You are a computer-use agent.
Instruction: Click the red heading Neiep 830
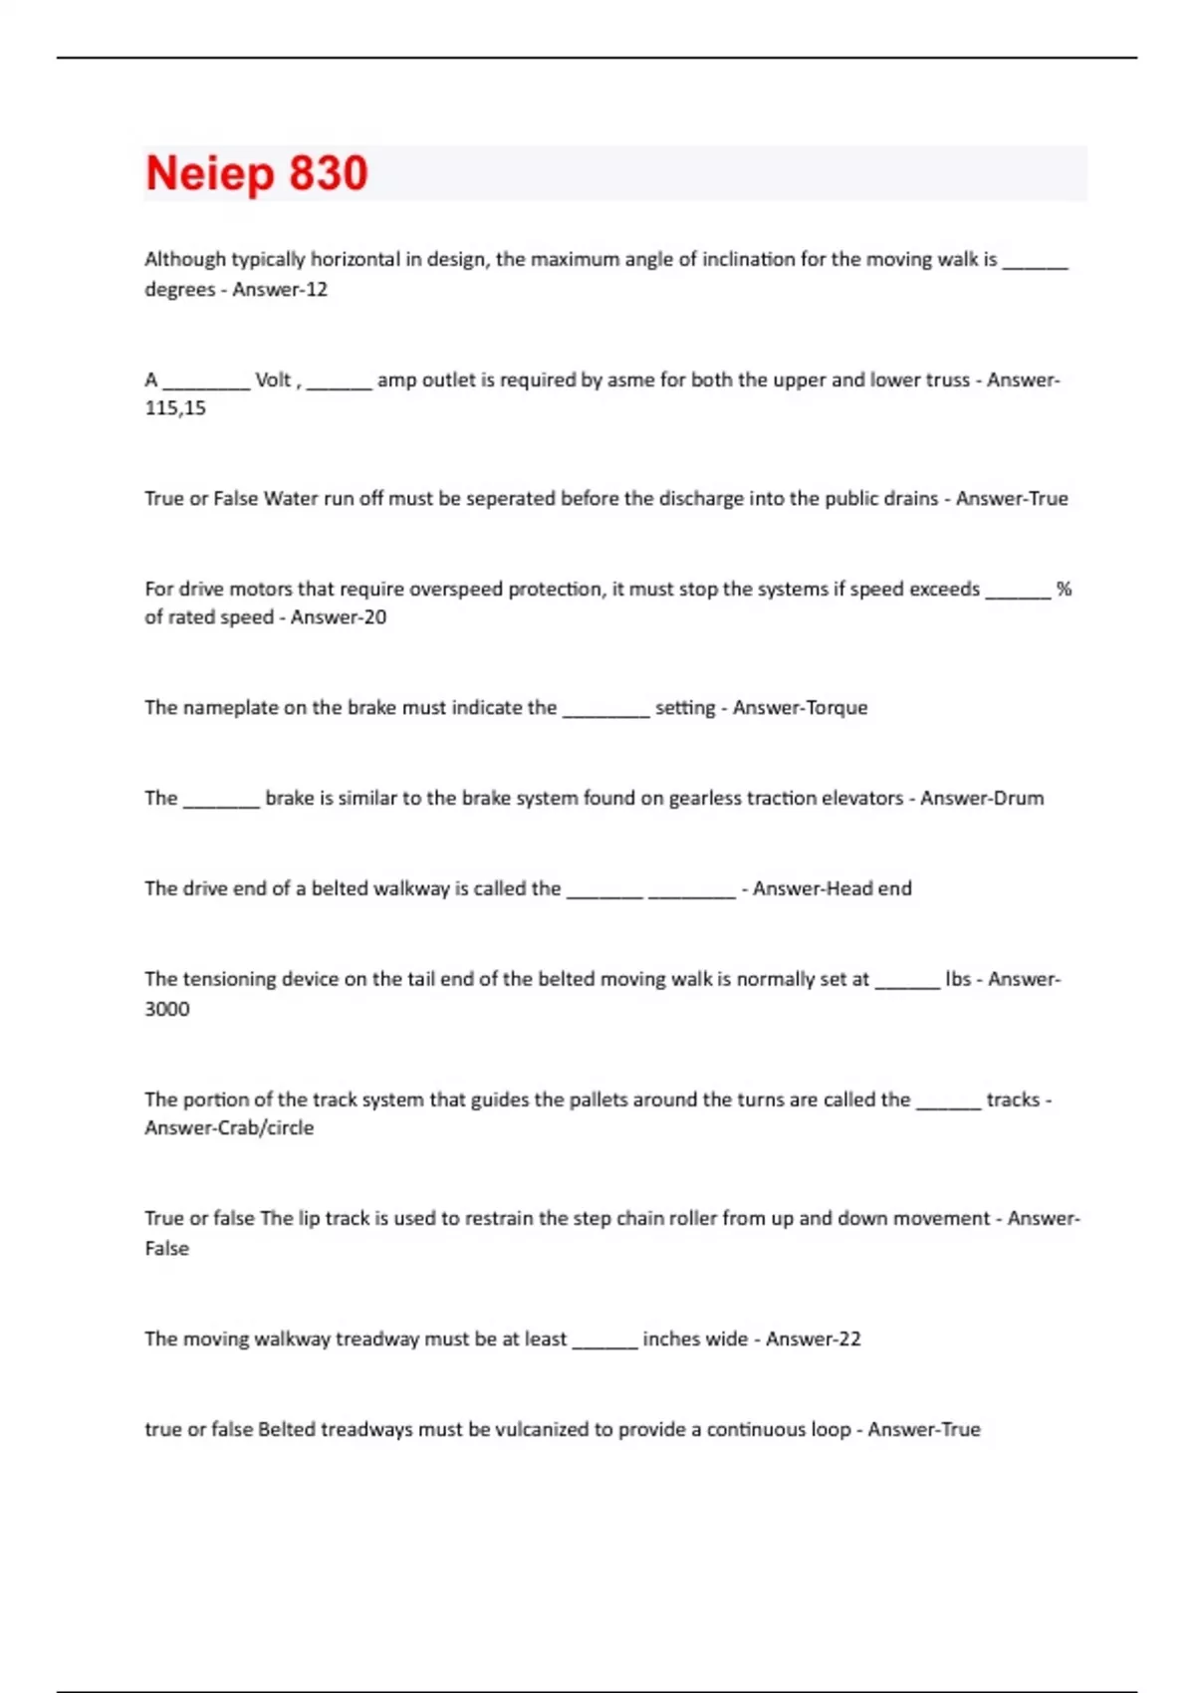tap(257, 173)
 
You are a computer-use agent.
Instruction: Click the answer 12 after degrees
tap(317, 290)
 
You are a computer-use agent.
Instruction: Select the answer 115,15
tap(175, 408)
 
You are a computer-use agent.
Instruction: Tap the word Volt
tap(273, 379)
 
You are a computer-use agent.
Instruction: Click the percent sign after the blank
tap(1064, 589)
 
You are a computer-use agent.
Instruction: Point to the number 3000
tap(167, 1009)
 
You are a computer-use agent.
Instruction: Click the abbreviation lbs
tap(958, 979)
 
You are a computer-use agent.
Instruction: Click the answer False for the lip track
tap(166, 1249)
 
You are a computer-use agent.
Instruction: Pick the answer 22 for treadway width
tap(848, 1339)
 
